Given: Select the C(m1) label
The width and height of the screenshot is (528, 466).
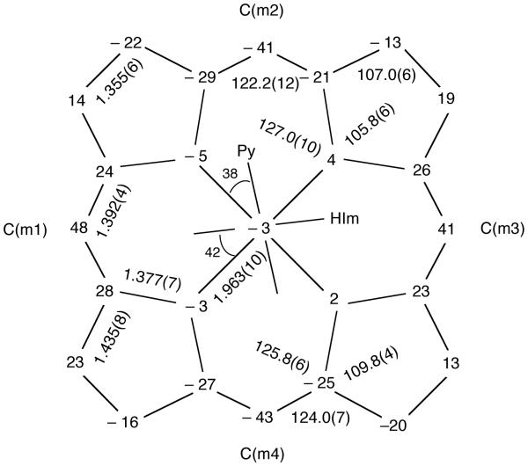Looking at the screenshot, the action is click(x=25, y=229).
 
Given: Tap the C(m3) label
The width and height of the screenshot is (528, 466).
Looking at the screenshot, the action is click(x=502, y=229).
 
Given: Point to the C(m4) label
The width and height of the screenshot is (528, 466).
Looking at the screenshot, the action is click(x=262, y=454).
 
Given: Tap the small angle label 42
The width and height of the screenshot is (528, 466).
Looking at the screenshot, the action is click(x=211, y=252).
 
